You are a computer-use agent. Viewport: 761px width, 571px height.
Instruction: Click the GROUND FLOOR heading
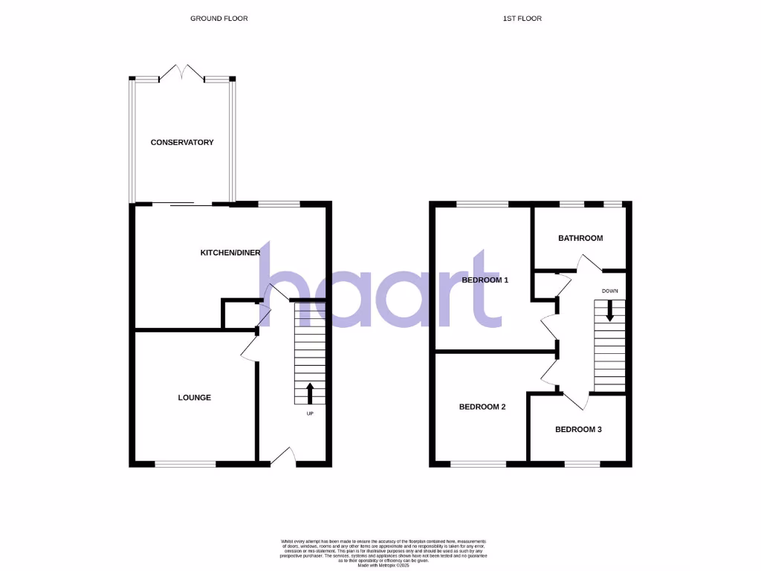218,18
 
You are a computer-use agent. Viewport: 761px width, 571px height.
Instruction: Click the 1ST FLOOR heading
522,18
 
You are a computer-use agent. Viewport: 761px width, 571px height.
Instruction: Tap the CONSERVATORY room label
182,142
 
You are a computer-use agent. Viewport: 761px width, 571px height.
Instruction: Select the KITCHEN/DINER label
230,253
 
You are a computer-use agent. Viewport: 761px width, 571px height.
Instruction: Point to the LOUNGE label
194,398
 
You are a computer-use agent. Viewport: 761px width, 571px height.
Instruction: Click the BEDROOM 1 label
485,280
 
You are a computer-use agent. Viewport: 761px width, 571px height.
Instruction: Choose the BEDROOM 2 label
482,407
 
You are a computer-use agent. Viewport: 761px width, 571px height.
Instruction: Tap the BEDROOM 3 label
578,429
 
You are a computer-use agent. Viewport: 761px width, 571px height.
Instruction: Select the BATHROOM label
580,238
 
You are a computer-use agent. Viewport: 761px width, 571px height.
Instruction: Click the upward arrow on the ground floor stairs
310,393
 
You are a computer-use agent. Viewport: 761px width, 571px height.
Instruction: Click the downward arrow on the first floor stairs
609,311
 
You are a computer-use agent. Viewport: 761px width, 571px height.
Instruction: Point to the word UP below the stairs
310,413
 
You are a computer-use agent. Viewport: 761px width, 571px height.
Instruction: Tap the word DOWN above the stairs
609,291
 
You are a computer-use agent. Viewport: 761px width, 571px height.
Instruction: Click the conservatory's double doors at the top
182,73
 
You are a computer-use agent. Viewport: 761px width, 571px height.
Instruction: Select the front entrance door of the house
283,457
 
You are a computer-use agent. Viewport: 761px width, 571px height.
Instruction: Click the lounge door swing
249,348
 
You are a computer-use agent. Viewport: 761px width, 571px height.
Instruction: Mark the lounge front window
185,464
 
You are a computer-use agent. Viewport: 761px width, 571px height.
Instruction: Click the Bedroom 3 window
582,464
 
